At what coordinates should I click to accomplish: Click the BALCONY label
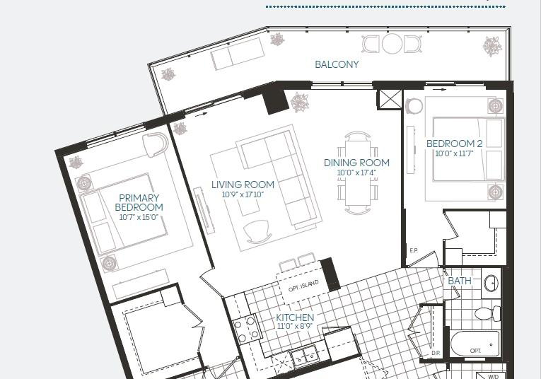pyautogui.click(x=337, y=64)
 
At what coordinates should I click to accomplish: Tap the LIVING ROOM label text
pyautogui.click(x=243, y=185)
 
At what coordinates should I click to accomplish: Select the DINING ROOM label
pyautogui.click(x=356, y=163)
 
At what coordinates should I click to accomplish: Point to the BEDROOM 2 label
pyautogui.click(x=455, y=144)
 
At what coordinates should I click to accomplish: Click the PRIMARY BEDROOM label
pyautogui.click(x=139, y=202)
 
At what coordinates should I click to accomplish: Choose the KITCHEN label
pyautogui.click(x=295, y=317)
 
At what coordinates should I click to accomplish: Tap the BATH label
pyautogui.click(x=460, y=281)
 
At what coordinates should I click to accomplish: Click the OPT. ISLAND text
pyautogui.click(x=303, y=286)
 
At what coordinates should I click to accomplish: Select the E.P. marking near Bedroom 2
pyautogui.click(x=414, y=250)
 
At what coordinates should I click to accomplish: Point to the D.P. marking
pyautogui.click(x=436, y=353)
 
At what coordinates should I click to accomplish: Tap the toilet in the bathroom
pyautogui.click(x=487, y=313)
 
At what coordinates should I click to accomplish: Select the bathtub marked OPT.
pyautogui.click(x=475, y=344)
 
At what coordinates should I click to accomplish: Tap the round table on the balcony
pyautogui.click(x=392, y=44)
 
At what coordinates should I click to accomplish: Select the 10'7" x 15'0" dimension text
pyautogui.click(x=139, y=217)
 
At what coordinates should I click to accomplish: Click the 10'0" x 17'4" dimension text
pyautogui.click(x=356, y=173)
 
